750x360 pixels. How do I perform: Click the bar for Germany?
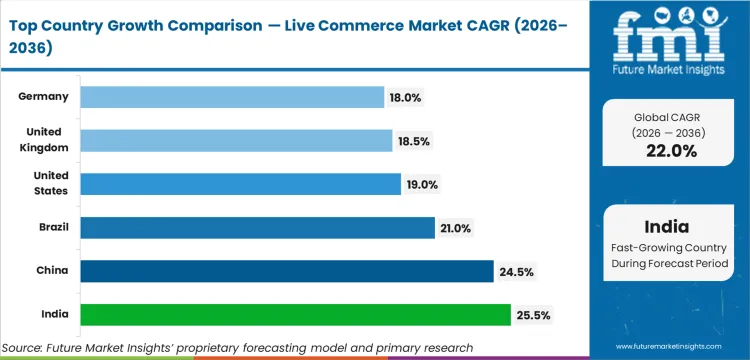(x=232, y=97)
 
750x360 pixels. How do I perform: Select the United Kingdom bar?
(x=236, y=141)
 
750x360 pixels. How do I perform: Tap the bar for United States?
(x=240, y=184)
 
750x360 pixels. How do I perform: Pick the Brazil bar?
(x=257, y=228)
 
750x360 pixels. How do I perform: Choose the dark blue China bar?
(x=287, y=271)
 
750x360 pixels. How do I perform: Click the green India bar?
(x=295, y=315)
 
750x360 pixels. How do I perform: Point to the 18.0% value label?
(x=406, y=97)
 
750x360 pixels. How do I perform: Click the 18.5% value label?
(x=414, y=141)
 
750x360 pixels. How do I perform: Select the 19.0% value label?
(x=422, y=184)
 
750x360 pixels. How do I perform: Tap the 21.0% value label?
(x=455, y=228)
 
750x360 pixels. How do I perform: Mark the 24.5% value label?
(x=515, y=271)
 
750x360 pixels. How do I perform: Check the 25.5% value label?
(x=531, y=315)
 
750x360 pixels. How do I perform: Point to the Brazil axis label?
(x=52, y=228)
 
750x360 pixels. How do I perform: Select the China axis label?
(x=53, y=271)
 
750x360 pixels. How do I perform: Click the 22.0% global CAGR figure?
(x=670, y=151)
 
